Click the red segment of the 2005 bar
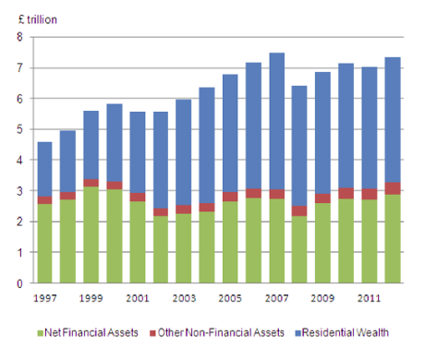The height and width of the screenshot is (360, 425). point(229,197)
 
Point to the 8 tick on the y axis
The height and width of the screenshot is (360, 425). point(19,37)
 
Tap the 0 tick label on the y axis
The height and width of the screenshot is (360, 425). point(19,283)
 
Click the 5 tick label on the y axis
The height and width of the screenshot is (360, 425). point(19,129)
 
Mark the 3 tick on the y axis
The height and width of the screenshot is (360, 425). point(19,191)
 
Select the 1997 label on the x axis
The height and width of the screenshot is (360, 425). point(43,298)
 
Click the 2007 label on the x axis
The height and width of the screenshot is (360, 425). point(276,298)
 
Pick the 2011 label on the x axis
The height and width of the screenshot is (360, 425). point(370,298)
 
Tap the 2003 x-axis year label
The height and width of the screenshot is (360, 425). point(183,298)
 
